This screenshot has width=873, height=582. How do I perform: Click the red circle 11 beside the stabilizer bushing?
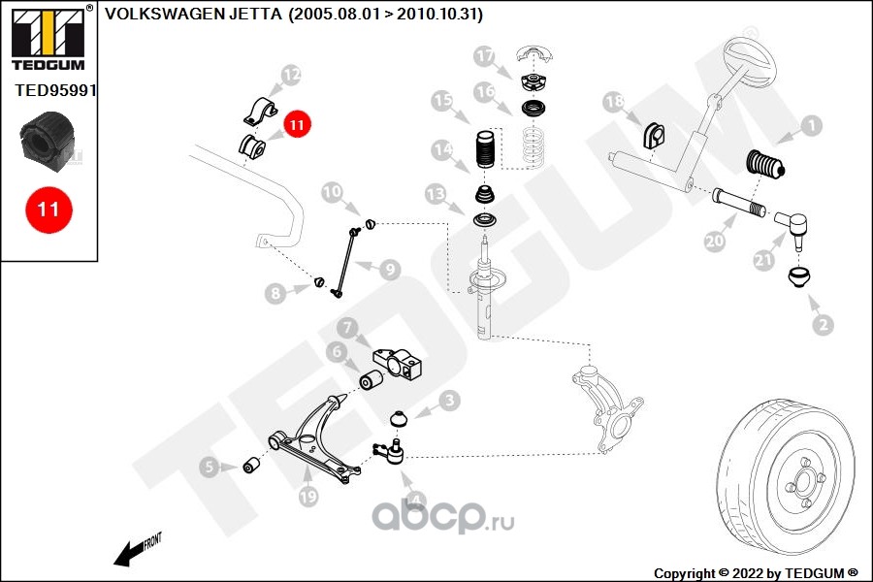point(297,124)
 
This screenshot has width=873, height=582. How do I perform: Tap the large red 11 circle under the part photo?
point(48,210)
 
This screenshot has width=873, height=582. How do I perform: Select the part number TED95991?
point(55,90)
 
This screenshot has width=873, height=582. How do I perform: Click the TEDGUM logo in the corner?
point(48,39)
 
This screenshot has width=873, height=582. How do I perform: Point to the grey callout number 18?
point(615,102)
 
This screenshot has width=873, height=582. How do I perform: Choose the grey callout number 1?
point(812,125)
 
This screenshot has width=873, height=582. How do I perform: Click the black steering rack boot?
point(765,165)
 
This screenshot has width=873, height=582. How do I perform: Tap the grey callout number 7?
point(347,328)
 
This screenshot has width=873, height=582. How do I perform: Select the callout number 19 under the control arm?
point(307,496)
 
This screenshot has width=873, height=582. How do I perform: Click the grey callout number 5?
point(210,467)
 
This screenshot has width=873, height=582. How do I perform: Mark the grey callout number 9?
point(390,270)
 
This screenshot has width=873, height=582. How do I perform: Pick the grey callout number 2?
point(824,325)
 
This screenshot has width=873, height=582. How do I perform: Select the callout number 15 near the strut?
point(442,100)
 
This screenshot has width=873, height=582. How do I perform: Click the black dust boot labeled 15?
point(484,149)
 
